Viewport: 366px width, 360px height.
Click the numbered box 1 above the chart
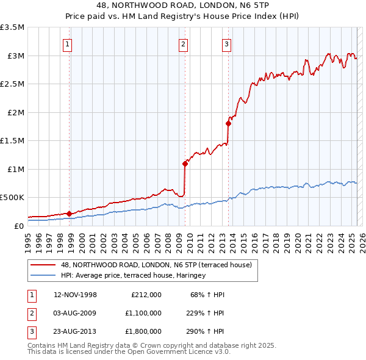point(67,43)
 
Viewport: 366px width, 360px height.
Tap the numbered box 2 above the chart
point(183,43)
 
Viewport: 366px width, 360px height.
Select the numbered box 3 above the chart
point(226,43)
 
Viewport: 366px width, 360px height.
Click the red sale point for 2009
point(184,164)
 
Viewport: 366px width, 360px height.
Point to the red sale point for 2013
point(228,124)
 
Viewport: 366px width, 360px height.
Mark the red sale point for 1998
point(70,214)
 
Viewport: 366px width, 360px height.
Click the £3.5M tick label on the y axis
point(12,27)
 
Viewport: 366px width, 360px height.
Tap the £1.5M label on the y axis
point(12,141)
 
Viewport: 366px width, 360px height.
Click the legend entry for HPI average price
point(133,275)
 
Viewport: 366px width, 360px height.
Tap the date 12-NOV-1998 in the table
point(76,295)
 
